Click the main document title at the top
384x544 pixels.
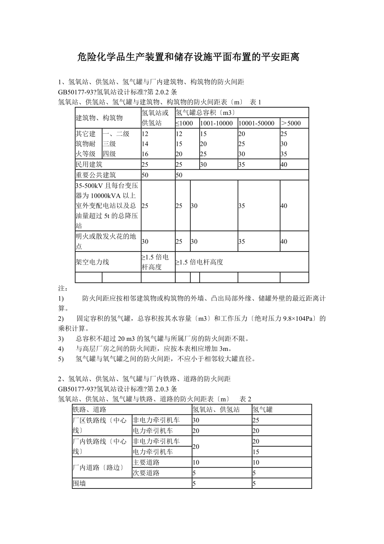189,57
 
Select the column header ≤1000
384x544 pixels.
184,123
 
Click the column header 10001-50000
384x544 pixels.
256,123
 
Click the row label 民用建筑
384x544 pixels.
89,165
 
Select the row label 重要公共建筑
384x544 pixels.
96,175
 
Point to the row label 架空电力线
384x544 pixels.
92,262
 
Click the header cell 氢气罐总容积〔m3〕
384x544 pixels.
206,113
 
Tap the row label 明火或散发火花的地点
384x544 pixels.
106,241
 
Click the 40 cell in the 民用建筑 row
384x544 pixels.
284,165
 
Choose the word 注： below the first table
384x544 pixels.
63,288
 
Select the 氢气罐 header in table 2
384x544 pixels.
263,410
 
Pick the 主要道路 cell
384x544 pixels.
146,463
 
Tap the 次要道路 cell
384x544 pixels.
146,473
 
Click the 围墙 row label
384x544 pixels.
79,484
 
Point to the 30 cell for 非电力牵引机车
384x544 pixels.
196,420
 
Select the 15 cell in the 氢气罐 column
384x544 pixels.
256,452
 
